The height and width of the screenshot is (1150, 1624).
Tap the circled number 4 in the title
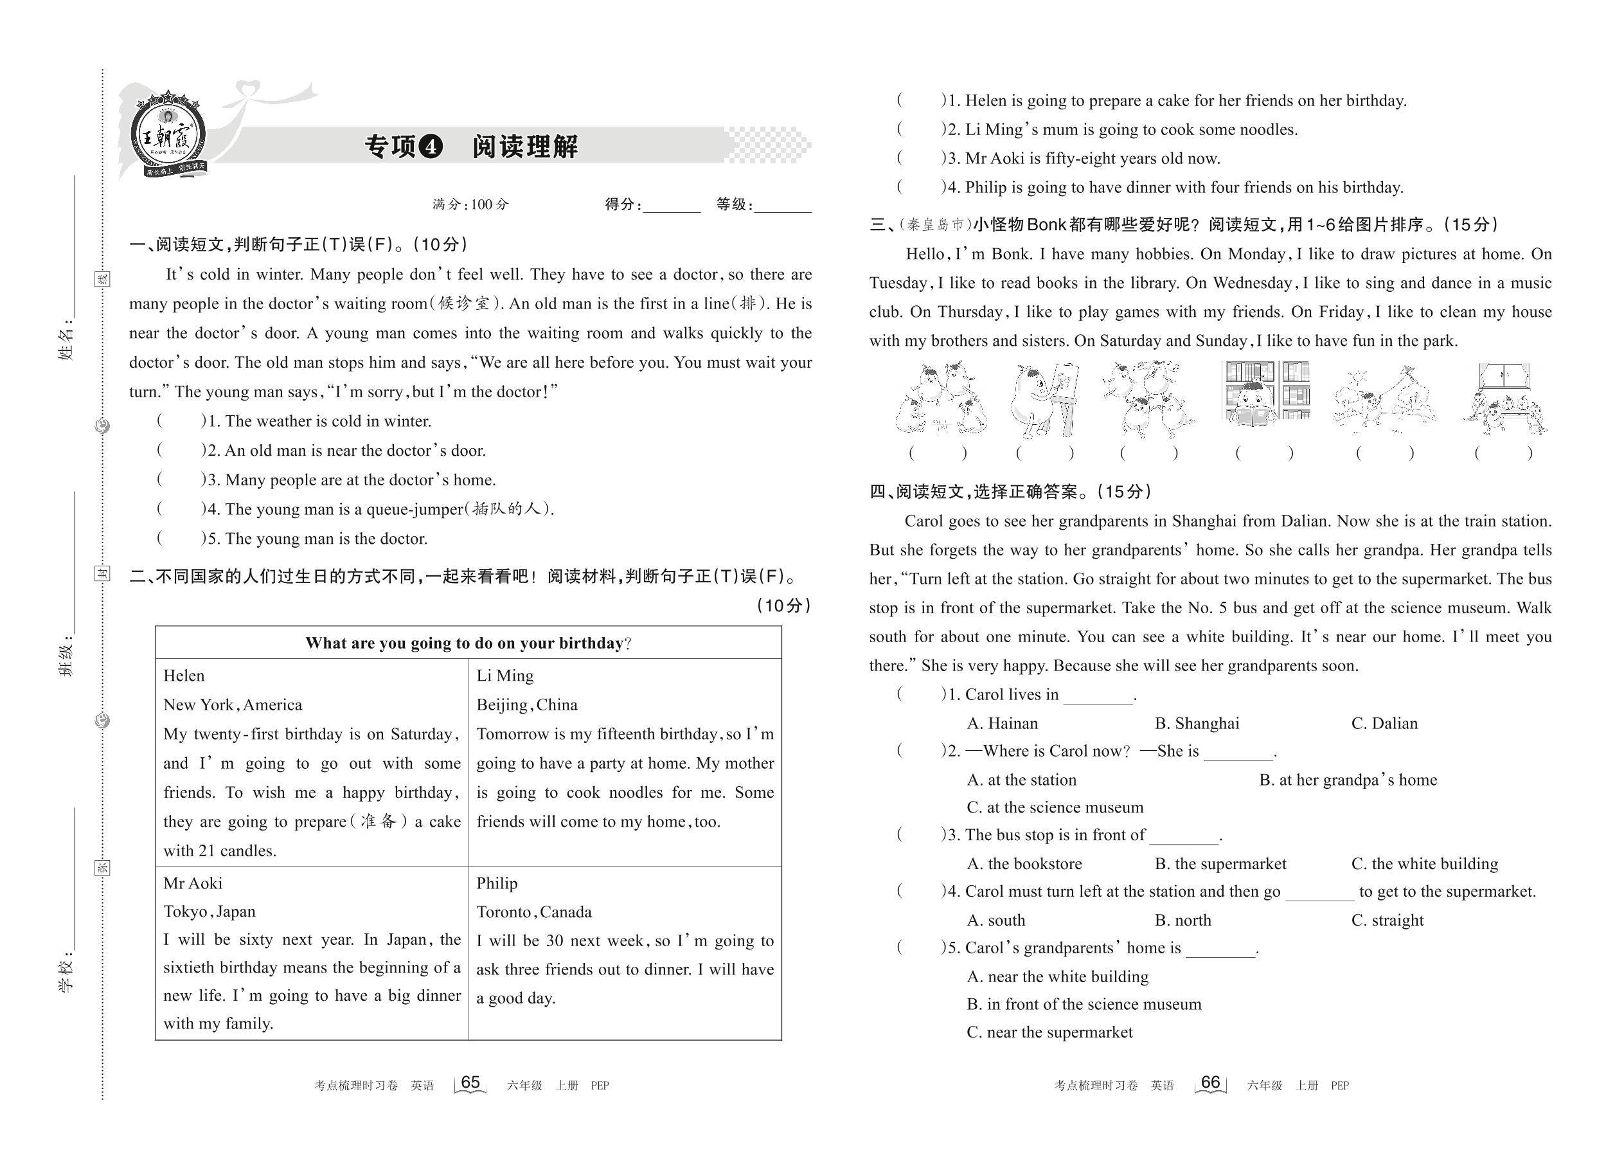(x=431, y=147)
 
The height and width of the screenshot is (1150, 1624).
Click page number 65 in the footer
(x=470, y=1083)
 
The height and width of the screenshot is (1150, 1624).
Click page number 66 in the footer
(x=1211, y=1083)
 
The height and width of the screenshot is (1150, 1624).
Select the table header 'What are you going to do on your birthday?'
(x=468, y=643)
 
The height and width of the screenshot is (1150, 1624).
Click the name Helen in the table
(x=184, y=676)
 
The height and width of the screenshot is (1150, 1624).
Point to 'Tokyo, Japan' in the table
(x=210, y=912)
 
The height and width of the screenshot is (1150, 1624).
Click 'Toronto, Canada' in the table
(x=534, y=912)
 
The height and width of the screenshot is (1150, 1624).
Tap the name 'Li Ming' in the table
(x=504, y=676)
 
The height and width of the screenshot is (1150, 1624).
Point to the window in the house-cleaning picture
(x=1504, y=375)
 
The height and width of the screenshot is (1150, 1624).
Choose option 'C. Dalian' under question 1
(x=1384, y=723)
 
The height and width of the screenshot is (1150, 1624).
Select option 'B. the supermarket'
(x=1220, y=864)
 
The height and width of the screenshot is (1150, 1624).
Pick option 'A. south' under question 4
(x=995, y=920)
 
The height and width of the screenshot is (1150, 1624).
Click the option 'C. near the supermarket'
(x=1049, y=1032)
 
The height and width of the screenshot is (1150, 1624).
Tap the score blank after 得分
(x=671, y=205)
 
